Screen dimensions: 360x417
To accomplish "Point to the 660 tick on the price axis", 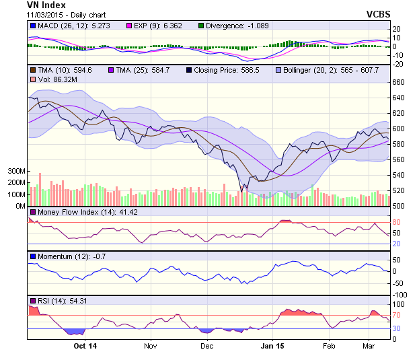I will click(x=399, y=82).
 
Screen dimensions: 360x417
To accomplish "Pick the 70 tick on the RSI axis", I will click(x=397, y=314).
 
